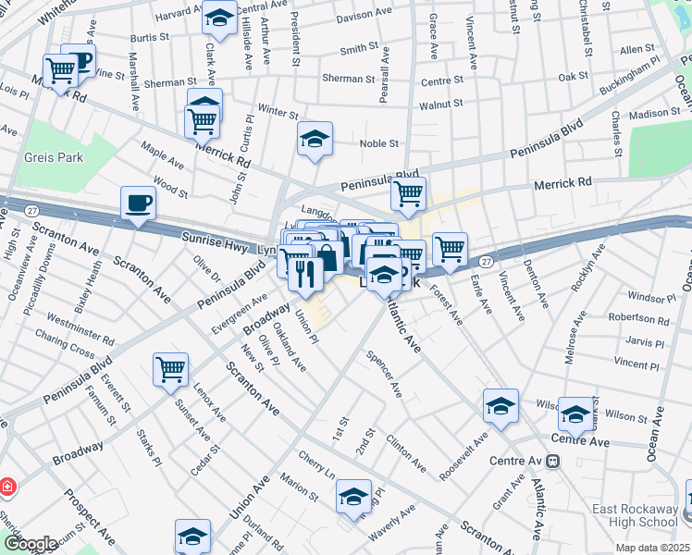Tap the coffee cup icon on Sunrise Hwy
(139, 202)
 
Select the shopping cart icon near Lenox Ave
(171, 369)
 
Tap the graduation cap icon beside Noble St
(315, 139)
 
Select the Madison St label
(655, 113)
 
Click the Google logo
(30, 544)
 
